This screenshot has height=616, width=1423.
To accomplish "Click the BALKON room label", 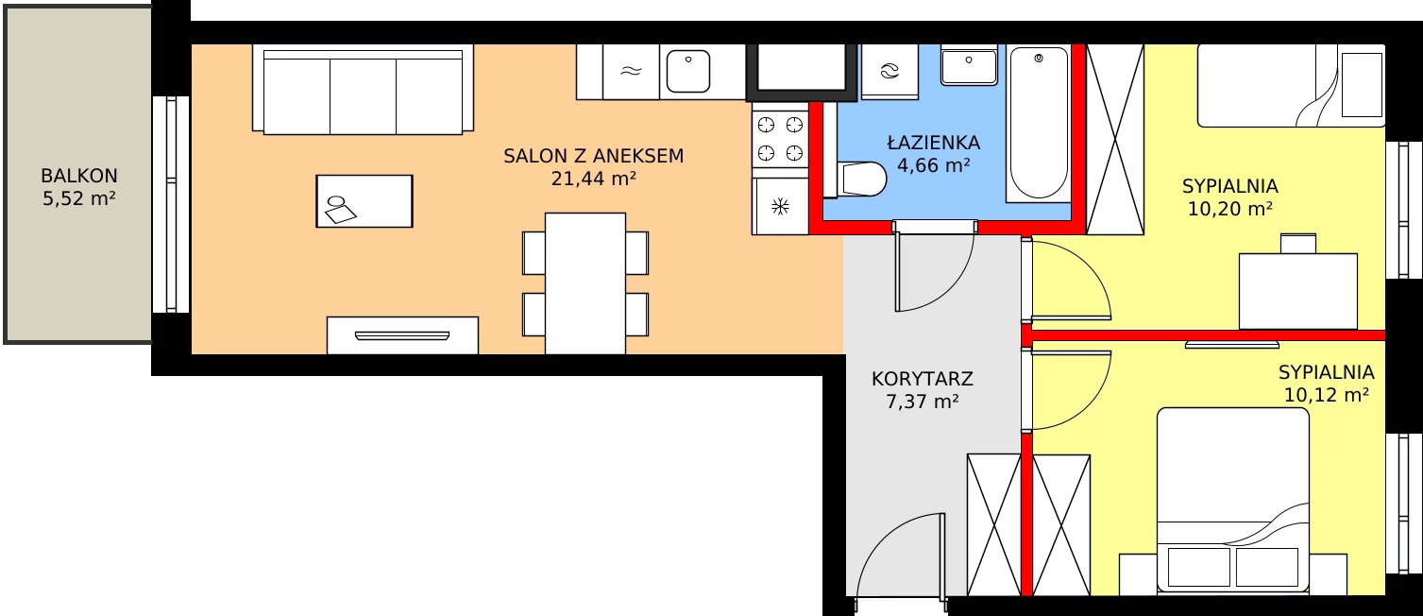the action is (x=78, y=176).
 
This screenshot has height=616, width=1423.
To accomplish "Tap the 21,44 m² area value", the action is (x=593, y=180).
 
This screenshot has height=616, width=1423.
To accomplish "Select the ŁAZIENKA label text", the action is (x=933, y=142).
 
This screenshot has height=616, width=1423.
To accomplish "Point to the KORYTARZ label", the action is (x=922, y=379).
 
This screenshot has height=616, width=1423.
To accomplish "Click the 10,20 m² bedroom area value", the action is (x=1229, y=209).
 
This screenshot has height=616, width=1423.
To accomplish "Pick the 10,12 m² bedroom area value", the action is (x=1326, y=395).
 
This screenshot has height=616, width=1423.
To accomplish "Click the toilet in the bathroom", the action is (x=861, y=180).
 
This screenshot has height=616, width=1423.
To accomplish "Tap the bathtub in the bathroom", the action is (x=1039, y=124).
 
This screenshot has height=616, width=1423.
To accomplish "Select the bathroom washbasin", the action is (x=969, y=65).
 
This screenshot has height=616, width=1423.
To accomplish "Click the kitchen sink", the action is (x=688, y=71).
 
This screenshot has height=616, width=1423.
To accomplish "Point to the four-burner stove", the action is (x=780, y=139).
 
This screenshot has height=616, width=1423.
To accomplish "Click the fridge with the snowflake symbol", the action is (x=780, y=206).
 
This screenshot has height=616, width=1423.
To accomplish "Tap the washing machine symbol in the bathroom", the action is (x=889, y=71).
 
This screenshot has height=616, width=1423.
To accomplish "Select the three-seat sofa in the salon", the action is (x=363, y=89).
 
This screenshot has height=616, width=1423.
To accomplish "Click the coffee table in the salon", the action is (x=364, y=201).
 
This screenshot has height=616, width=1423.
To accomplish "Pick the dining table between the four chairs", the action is (x=585, y=283).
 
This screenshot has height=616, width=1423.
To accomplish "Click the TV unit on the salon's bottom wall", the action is (x=403, y=335).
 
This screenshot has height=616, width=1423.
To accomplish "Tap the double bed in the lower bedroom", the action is (x=1233, y=501).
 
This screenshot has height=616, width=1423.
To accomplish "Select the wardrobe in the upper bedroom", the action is (x=1115, y=139).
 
